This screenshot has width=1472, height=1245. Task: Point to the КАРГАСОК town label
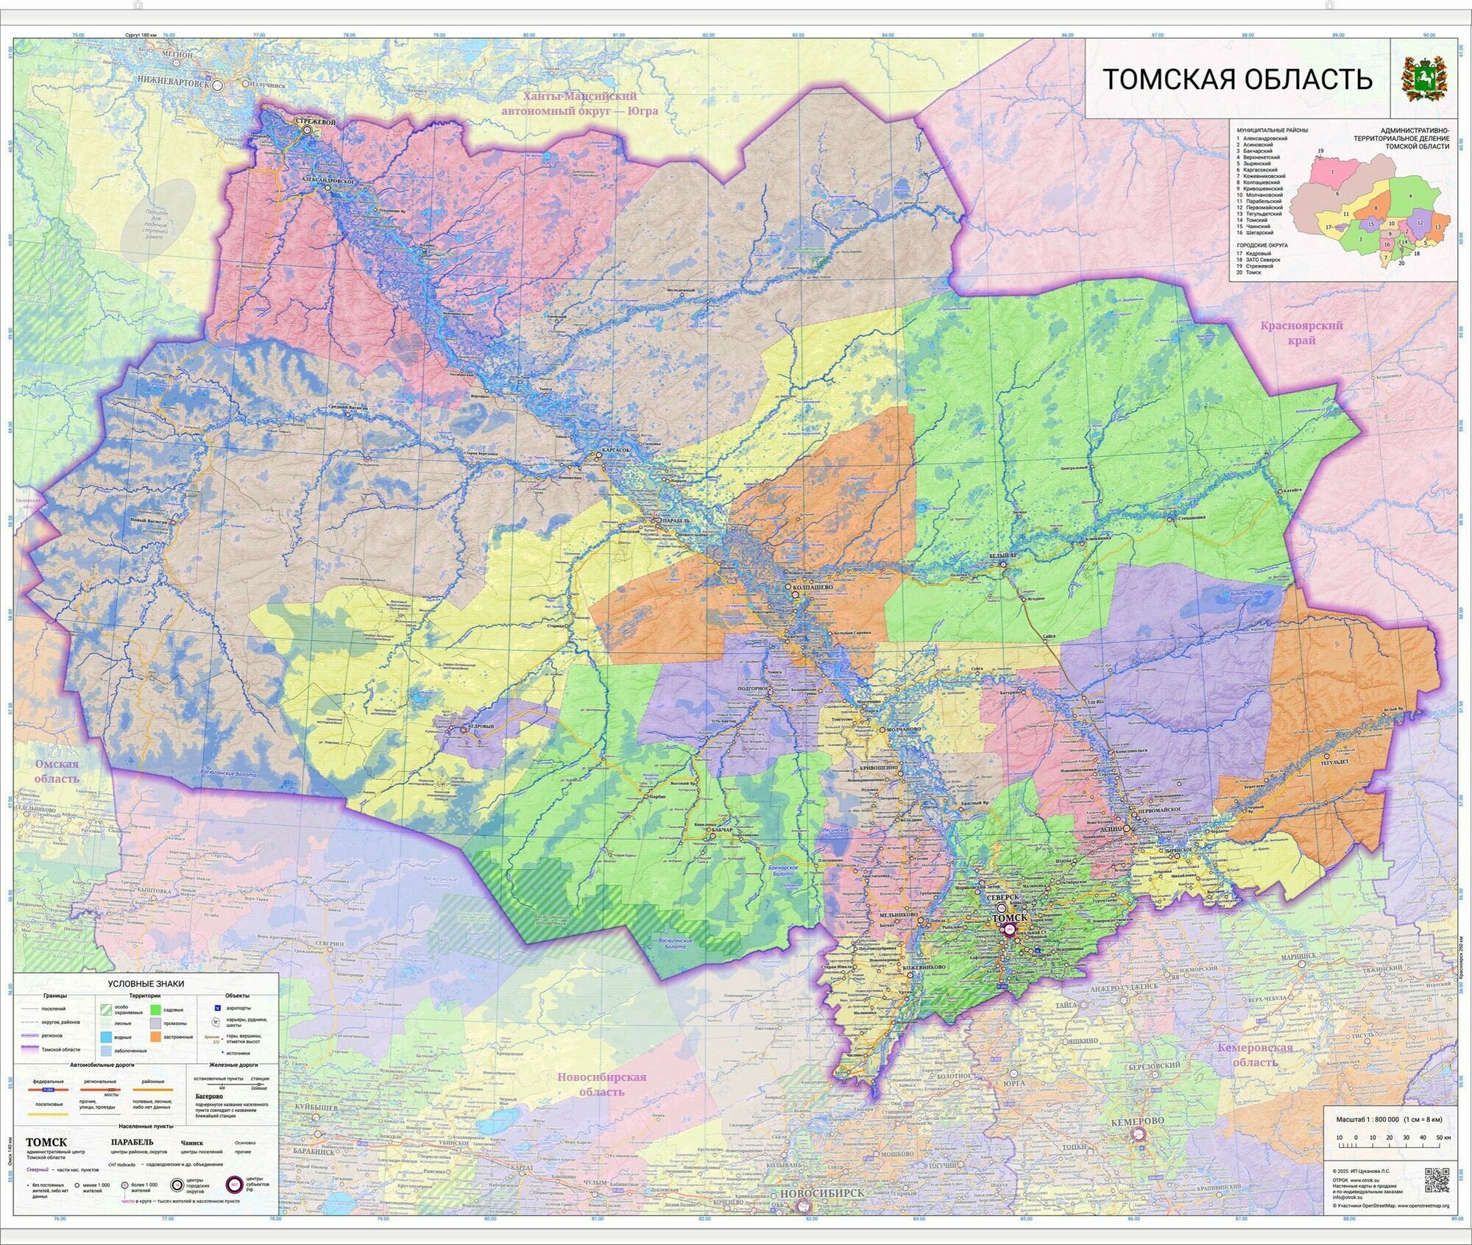tap(616, 449)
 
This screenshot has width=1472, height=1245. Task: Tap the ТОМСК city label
tap(1010, 919)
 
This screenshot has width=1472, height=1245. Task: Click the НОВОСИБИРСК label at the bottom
tap(822, 1213)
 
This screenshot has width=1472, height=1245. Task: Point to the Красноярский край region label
tap(1301, 333)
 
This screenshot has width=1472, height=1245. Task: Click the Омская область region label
tap(57, 771)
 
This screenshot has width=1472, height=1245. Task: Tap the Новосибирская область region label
tap(601, 1085)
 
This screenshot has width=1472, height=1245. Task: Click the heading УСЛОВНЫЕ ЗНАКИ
tap(146, 984)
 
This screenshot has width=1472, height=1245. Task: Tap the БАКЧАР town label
tap(722, 830)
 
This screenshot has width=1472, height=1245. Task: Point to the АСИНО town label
tap(1111, 828)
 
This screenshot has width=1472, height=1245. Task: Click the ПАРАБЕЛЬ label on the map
tap(676, 520)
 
